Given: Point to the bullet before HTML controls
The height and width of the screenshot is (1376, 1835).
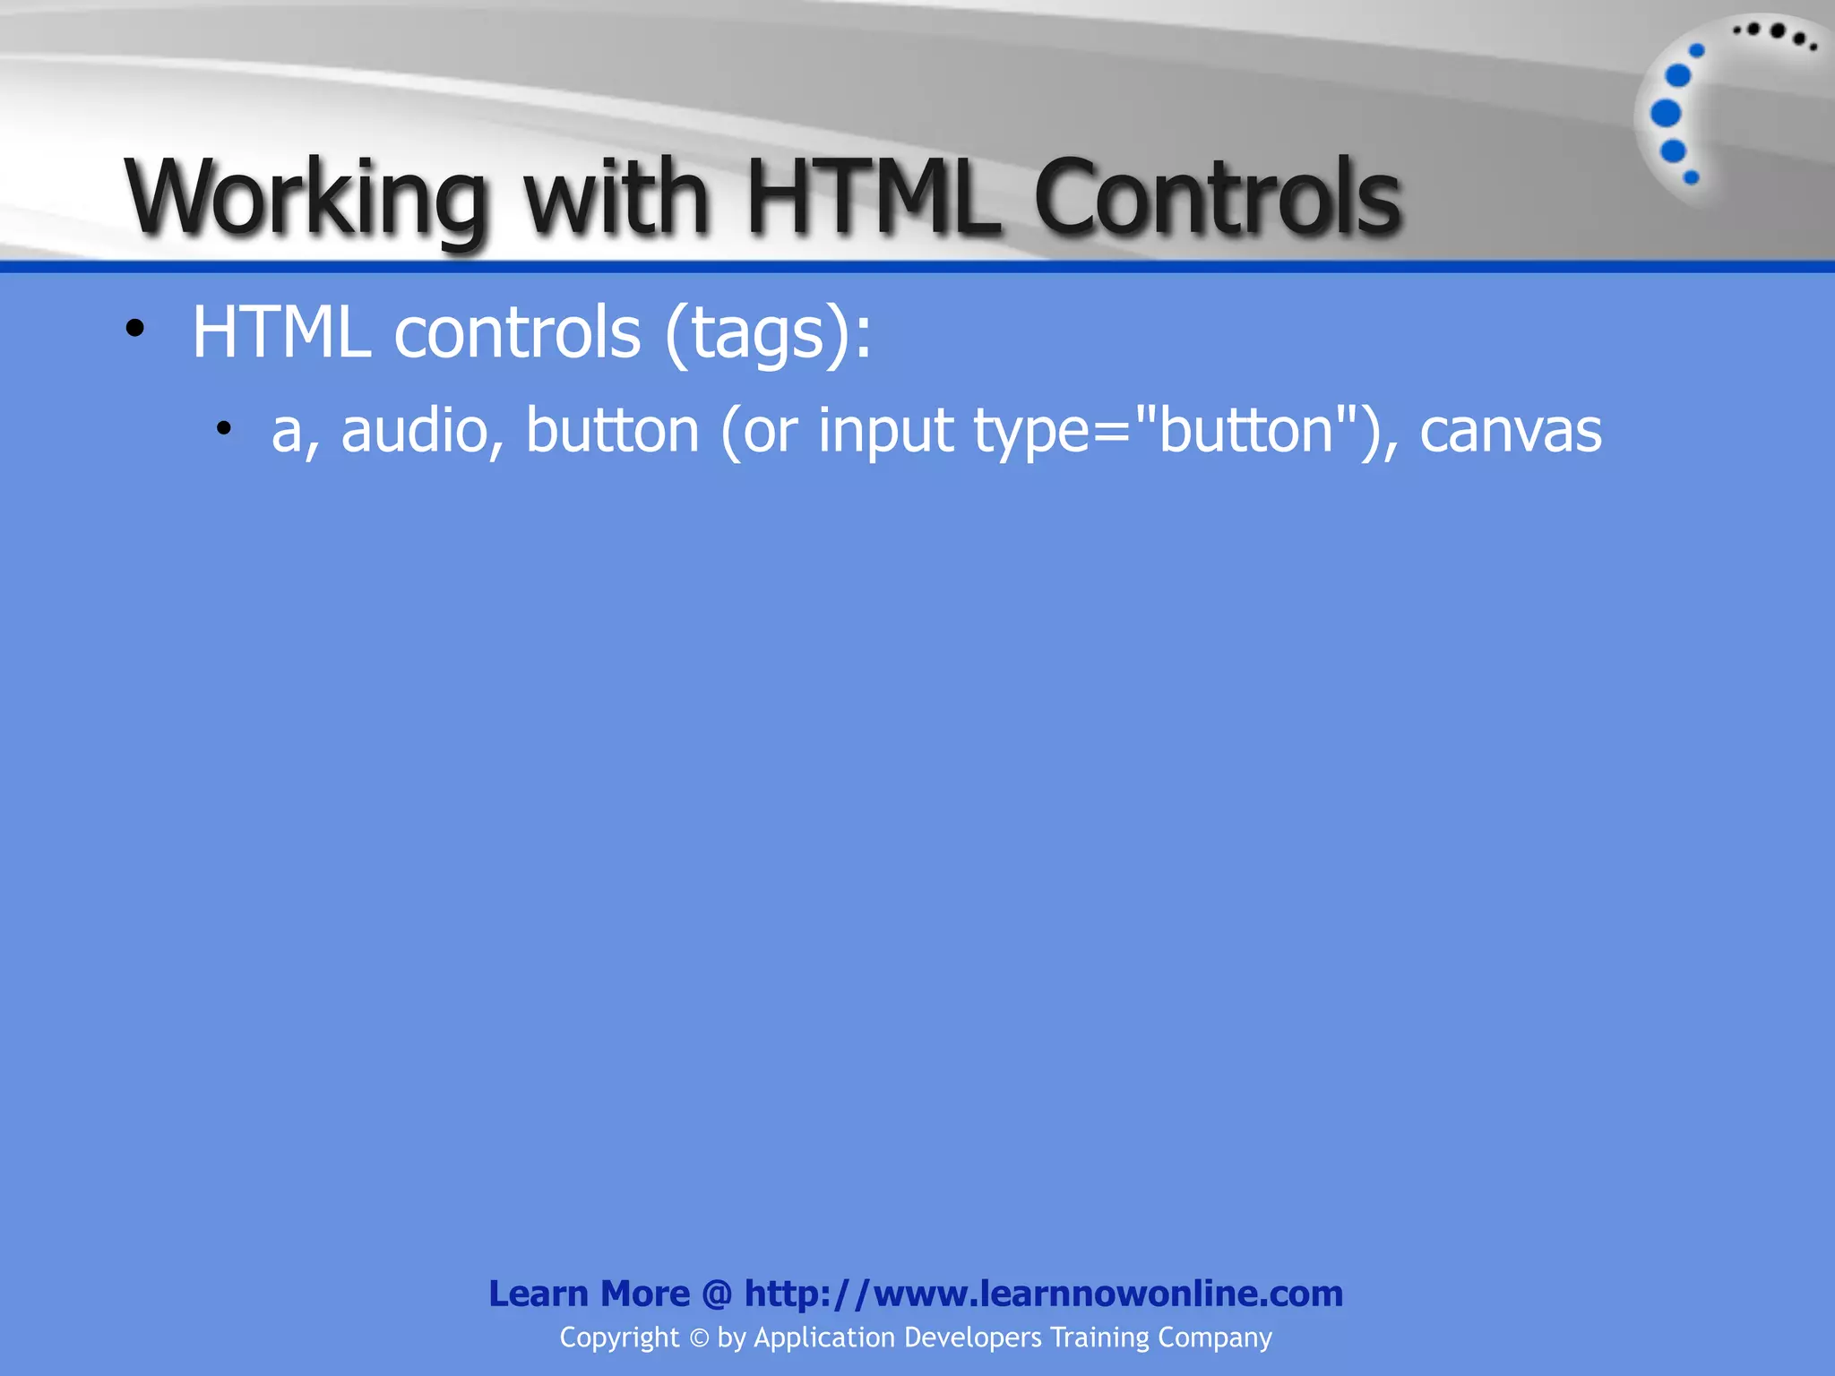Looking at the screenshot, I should coord(134,329).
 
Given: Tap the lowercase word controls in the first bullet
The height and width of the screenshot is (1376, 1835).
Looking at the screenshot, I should coord(517,331).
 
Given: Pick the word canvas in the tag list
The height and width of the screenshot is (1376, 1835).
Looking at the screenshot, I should coord(1511,431).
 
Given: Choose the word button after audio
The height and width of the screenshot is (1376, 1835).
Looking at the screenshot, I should coord(612,430).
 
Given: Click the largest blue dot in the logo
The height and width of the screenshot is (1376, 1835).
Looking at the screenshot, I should coord(1666,114).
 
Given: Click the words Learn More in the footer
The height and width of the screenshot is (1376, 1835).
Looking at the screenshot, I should coord(589,1294).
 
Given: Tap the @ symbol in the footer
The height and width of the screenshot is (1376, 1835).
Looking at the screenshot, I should coord(717,1294).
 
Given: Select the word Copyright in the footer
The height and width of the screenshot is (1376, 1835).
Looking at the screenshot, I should coord(619,1337).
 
